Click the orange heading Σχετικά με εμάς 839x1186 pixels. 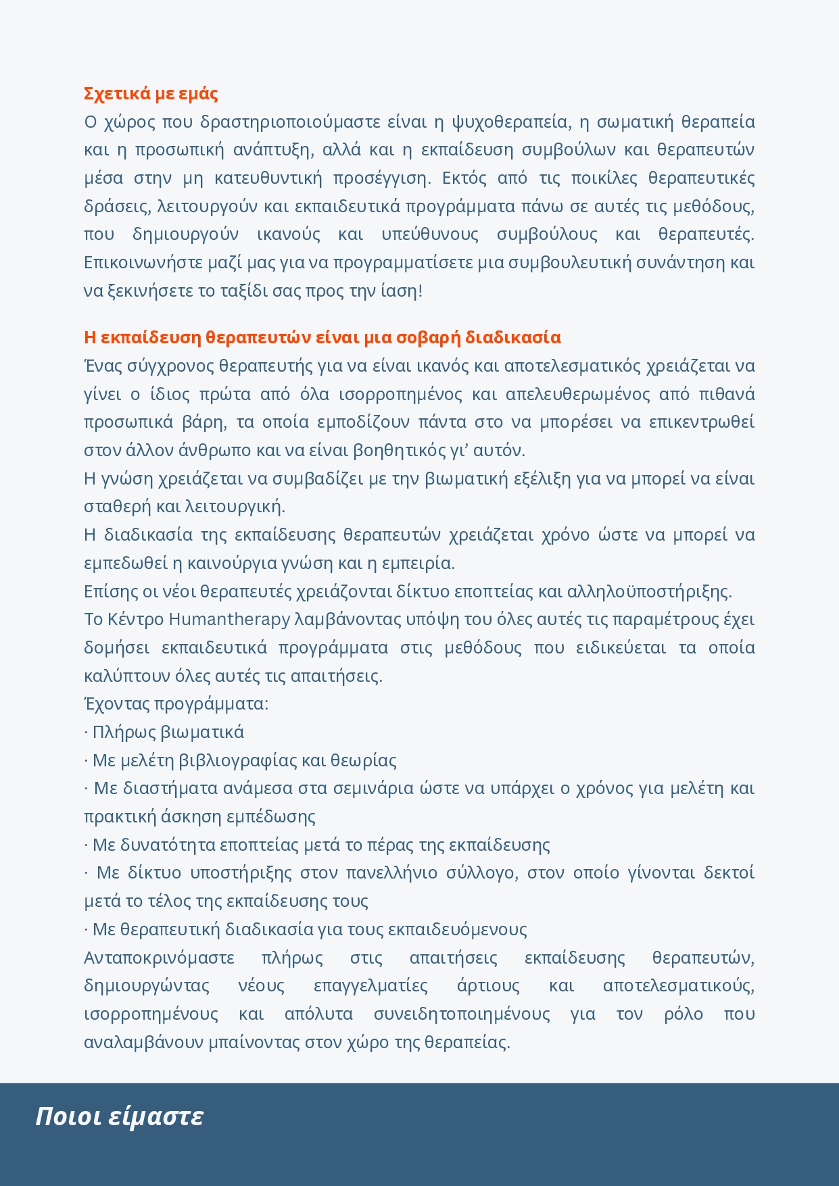point(151,93)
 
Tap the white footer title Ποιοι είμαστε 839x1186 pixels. point(119,1116)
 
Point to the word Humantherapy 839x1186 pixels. point(229,619)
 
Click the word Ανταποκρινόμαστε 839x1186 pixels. point(159,958)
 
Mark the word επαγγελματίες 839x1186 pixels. point(370,985)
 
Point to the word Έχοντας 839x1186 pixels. point(116,703)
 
